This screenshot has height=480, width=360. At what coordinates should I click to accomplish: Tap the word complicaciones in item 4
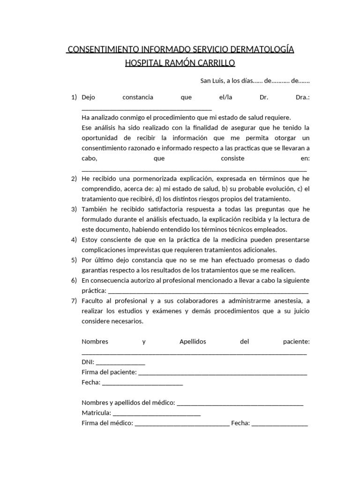(104, 250)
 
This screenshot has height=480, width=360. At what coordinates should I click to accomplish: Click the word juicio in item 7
(300, 311)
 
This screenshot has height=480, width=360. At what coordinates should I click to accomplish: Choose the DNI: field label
(88, 362)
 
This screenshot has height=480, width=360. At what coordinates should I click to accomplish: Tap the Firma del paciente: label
(109, 372)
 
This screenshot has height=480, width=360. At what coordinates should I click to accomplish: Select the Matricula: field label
(96, 413)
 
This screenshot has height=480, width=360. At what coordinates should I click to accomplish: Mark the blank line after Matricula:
(157, 414)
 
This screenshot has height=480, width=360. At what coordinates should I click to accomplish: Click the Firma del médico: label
(107, 423)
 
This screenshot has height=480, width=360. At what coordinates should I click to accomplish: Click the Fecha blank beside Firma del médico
(279, 425)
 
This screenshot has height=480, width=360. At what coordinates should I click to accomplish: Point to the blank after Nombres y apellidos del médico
(240, 404)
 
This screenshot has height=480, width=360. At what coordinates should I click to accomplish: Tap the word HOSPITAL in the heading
(142, 63)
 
